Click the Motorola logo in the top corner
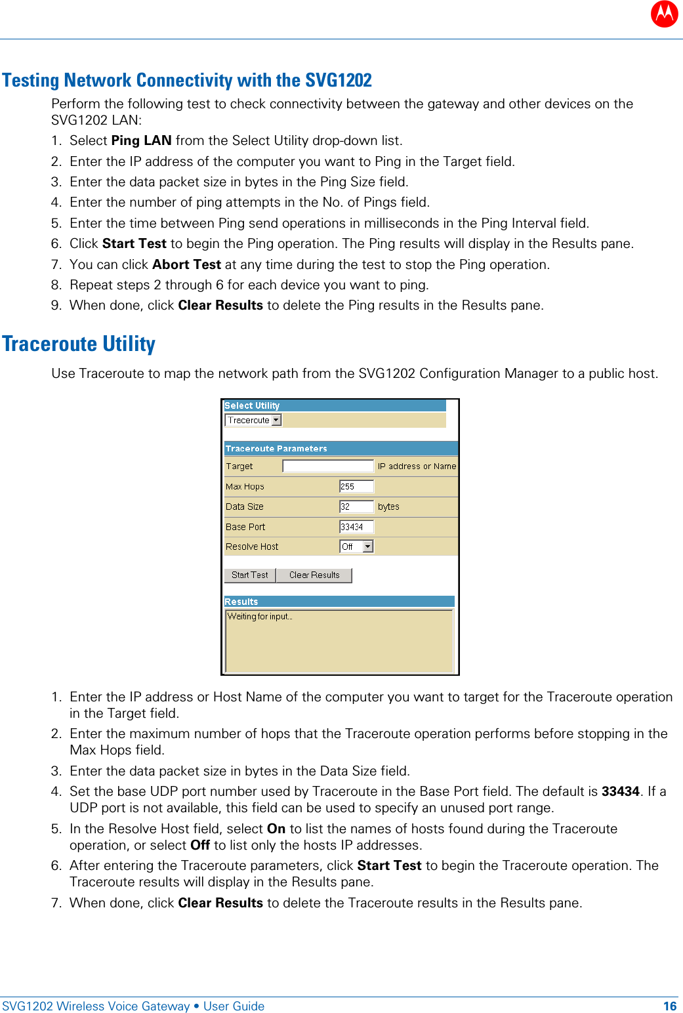pyautogui.click(x=664, y=14)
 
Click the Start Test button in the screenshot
pyautogui.click(x=249, y=575)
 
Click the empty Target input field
pyautogui.click(x=327, y=466)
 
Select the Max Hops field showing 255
pyautogui.click(x=356, y=487)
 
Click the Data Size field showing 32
pyautogui.click(x=356, y=507)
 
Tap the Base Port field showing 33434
pyautogui.click(x=356, y=527)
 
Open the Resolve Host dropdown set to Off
pyautogui.click(x=356, y=547)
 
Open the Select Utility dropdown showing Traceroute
pyautogui.click(x=253, y=421)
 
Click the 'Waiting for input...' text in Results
pyautogui.click(x=260, y=617)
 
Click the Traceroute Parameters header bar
pyautogui.click(x=340, y=449)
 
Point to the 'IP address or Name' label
pyautogui.click(x=417, y=466)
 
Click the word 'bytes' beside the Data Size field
pyautogui.click(x=388, y=507)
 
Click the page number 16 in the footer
pyautogui.click(x=669, y=1006)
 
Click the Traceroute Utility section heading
pyautogui.click(x=79, y=344)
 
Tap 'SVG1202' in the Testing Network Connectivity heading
pyautogui.click(x=339, y=80)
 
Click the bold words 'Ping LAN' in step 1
pyautogui.click(x=141, y=140)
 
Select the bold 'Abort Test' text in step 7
pyautogui.click(x=186, y=264)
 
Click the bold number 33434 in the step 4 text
pyautogui.click(x=620, y=791)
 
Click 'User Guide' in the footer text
pyautogui.click(x=234, y=1006)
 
